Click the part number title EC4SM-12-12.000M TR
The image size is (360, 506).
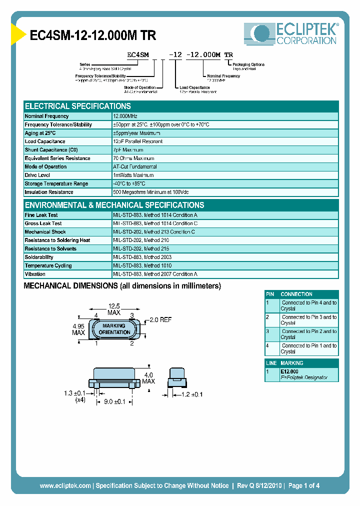pyautogui.click(x=93, y=36)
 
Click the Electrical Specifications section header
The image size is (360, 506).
pyautogui.click(x=78, y=106)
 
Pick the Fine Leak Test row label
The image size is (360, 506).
pyautogui.click(x=41, y=215)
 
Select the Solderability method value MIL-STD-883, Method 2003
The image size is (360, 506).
pyautogui.click(x=142, y=257)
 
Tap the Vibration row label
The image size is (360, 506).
pyautogui.click(x=35, y=274)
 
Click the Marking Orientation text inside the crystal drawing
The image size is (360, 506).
pyautogui.click(x=114, y=329)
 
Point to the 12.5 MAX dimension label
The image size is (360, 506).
pyautogui.click(x=114, y=309)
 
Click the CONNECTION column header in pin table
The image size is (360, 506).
pyautogui.click(x=296, y=294)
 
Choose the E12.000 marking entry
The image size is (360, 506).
pyautogui.click(x=289, y=371)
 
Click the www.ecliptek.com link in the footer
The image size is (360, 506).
pyautogui.click(x=65, y=485)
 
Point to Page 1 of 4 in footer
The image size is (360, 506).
pyautogui.click(x=303, y=485)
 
